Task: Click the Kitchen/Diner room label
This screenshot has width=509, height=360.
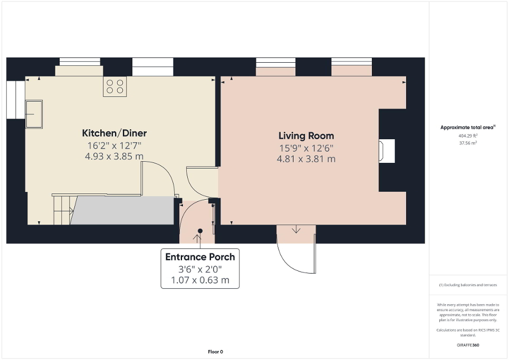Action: pyautogui.click(x=114, y=133)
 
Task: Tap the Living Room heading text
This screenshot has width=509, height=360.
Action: pyautogui.click(x=306, y=136)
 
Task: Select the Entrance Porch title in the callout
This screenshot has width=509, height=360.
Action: pyautogui.click(x=200, y=257)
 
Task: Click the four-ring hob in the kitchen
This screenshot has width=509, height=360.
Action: pyautogui.click(x=115, y=86)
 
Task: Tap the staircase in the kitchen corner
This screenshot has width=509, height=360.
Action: pyautogui.click(x=62, y=209)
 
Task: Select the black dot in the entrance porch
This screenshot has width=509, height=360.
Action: pyautogui.click(x=200, y=230)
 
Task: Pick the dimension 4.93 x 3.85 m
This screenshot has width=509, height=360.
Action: pyautogui.click(x=114, y=156)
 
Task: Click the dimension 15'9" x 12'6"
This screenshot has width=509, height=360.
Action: pyautogui.click(x=306, y=148)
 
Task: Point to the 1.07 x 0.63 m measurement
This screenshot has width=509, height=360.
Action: pyautogui.click(x=200, y=280)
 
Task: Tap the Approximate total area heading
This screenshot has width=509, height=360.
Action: pyautogui.click(x=468, y=128)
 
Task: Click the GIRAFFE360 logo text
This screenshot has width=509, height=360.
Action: pyautogui.click(x=468, y=345)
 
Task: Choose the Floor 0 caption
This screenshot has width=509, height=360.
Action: pyautogui.click(x=215, y=352)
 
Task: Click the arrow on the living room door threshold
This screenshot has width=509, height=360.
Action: pyautogui.click(x=296, y=229)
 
